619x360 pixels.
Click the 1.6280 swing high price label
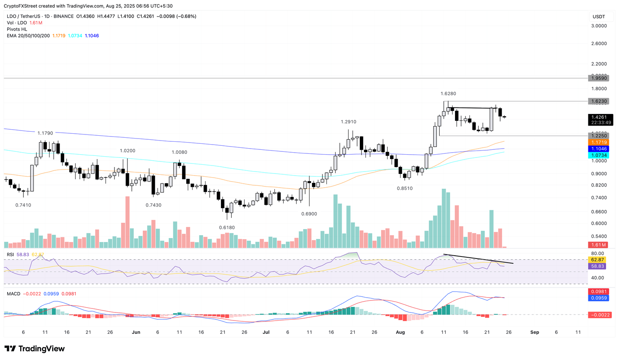click(x=448, y=93)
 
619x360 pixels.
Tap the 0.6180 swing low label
click(x=227, y=228)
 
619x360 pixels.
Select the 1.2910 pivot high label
click(x=348, y=122)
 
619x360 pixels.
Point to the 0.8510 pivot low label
click(x=405, y=188)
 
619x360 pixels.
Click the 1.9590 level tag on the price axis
click(x=598, y=78)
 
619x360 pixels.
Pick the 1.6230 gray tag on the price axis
click(x=598, y=101)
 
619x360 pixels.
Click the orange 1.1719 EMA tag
click(x=598, y=143)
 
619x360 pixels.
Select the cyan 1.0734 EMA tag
click(x=598, y=155)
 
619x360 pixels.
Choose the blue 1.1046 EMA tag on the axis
click(x=598, y=149)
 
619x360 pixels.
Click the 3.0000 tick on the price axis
click(x=598, y=26)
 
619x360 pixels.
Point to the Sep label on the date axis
click(x=534, y=332)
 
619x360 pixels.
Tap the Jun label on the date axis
click(x=136, y=332)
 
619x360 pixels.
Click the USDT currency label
click(x=598, y=17)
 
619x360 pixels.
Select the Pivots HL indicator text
click(x=17, y=29)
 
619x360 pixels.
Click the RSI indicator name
click(x=10, y=254)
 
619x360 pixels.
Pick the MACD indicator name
click(x=13, y=294)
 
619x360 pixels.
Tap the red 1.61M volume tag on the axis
click(x=598, y=245)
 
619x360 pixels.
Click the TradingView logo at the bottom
click(x=35, y=349)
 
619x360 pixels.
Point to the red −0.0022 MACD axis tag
click(x=600, y=315)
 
